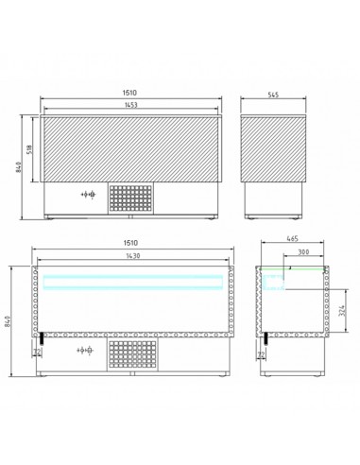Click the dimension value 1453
pyautogui.click(x=129, y=104)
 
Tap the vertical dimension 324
pyautogui.click(x=341, y=304)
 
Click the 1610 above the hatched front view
pyautogui.click(x=129, y=94)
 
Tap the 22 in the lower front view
pyautogui.click(x=38, y=353)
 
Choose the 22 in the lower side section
pyautogui.click(x=262, y=353)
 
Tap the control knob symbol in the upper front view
pyautogui.click(x=88, y=195)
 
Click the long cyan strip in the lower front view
pyautogui.click(x=129, y=279)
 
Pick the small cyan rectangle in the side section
pyautogui.click(x=275, y=278)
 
